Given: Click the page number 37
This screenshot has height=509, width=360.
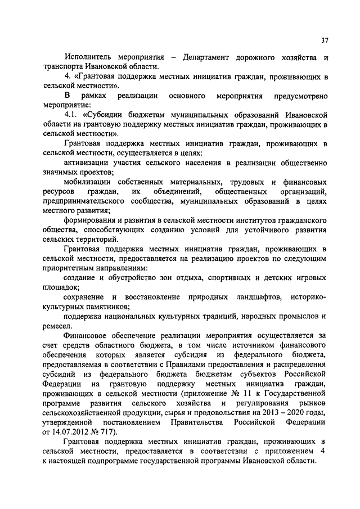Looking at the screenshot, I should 325,40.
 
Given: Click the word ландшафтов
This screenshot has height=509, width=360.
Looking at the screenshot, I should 258,296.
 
